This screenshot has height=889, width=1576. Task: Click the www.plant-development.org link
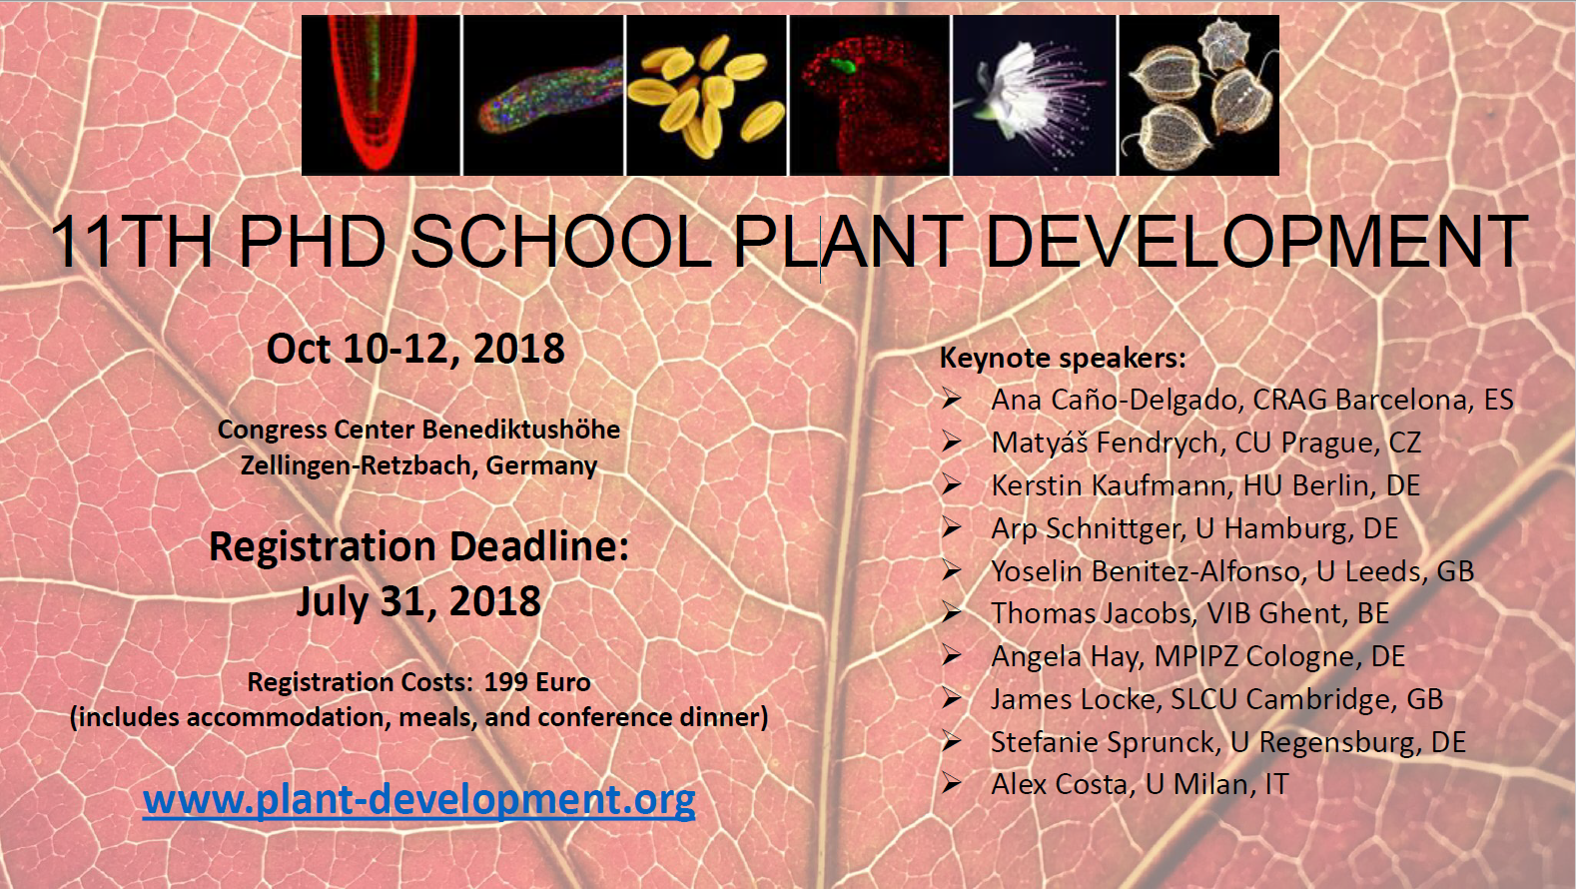tap(418, 800)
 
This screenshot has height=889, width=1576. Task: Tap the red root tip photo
tap(381, 95)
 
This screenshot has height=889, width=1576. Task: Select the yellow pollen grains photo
tap(706, 95)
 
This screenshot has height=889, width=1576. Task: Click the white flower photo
tap(1035, 95)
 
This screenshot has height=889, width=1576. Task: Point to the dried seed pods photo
tap(1198, 95)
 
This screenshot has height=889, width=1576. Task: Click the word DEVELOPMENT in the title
tap(1256, 242)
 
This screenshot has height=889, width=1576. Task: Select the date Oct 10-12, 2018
tap(415, 349)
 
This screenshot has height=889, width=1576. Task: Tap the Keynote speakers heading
tap(1063, 358)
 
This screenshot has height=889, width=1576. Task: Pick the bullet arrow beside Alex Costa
tap(951, 783)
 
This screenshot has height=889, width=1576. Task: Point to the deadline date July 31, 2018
tap(418, 601)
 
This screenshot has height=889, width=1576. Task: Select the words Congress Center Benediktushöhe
tap(418, 430)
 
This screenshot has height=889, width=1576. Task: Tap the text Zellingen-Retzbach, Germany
tap(418, 465)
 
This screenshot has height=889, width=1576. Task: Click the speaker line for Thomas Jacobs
tap(1189, 613)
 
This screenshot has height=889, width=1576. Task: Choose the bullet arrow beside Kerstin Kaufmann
tap(951, 484)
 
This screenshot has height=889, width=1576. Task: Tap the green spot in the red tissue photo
tap(842, 66)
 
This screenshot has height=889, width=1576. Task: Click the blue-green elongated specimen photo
tap(543, 95)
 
